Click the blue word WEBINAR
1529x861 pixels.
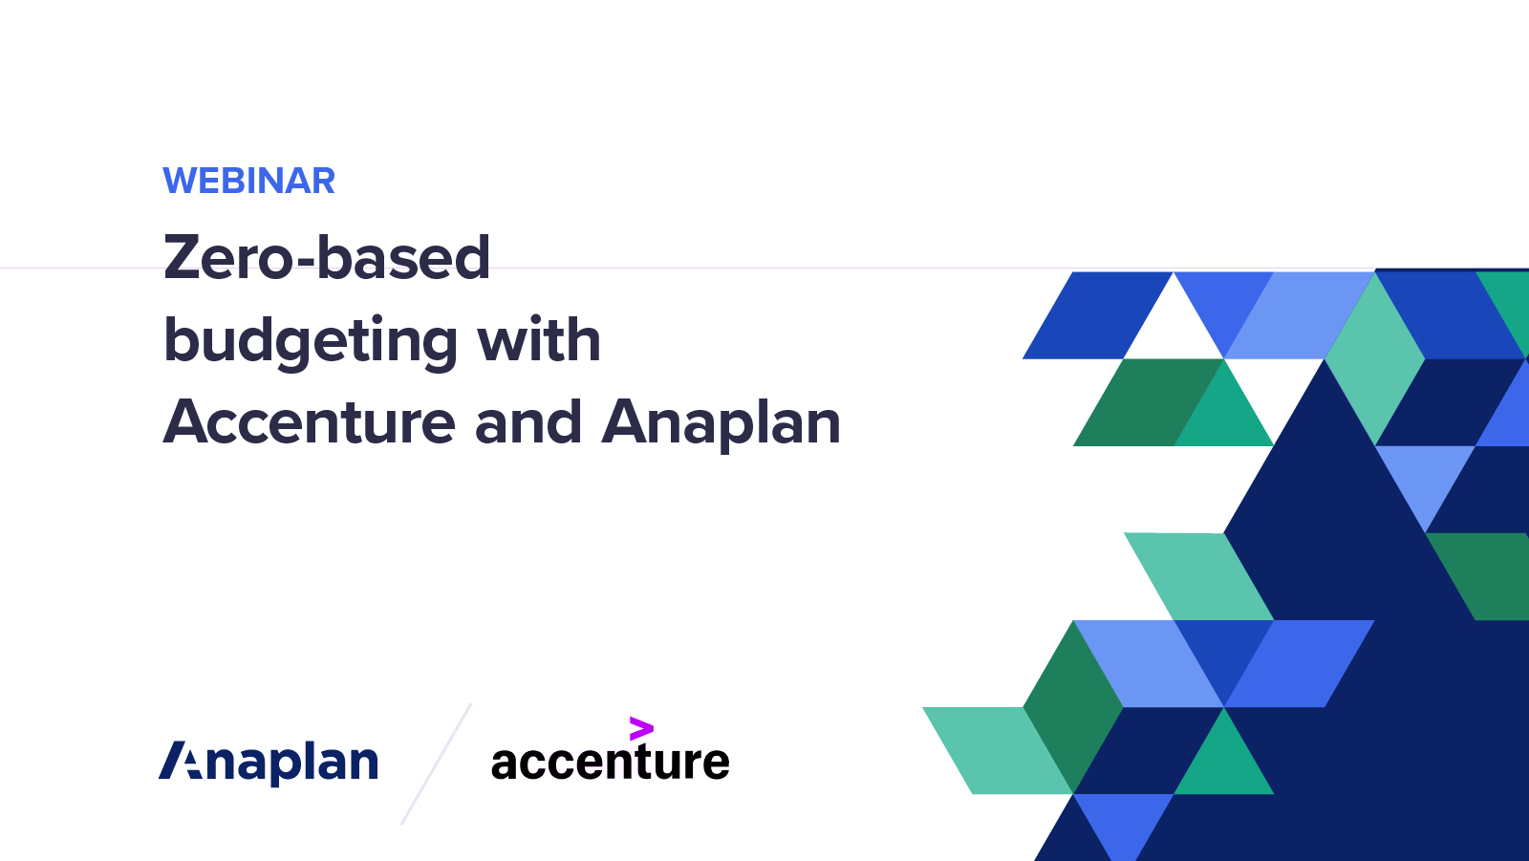pyautogui.click(x=248, y=181)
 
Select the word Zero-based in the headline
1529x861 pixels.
pyautogui.click(x=327, y=258)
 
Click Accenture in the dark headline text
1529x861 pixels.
pyautogui.click(x=310, y=422)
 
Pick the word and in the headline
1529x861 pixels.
pyautogui.click(x=528, y=422)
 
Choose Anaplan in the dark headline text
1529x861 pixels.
pyautogui.click(x=721, y=422)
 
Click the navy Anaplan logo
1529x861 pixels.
pyautogui.click(x=269, y=762)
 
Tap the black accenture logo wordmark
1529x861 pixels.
pyautogui.click(x=610, y=763)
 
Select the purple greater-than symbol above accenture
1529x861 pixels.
pyautogui.click(x=641, y=729)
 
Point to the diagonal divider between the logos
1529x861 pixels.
pyautogui.click(x=436, y=764)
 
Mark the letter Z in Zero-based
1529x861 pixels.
pyautogui.click(x=185, y=258)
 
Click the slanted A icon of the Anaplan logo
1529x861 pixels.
pyautogui.click(x=182, y=761)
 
